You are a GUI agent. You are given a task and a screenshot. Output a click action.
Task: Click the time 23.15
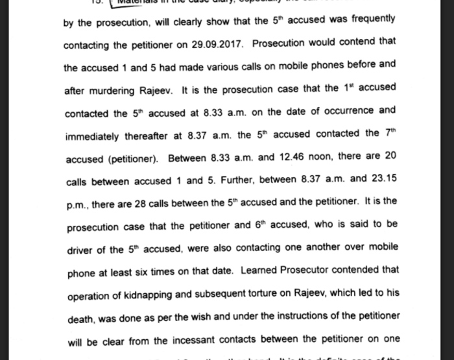click(x=383, y=179)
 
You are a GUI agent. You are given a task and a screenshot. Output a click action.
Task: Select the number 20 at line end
click(x=388, y=158)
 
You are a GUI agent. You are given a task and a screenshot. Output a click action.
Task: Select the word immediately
click(x=92, y=136)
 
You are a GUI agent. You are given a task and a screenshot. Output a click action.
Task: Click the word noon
click(x=316, y=158)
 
